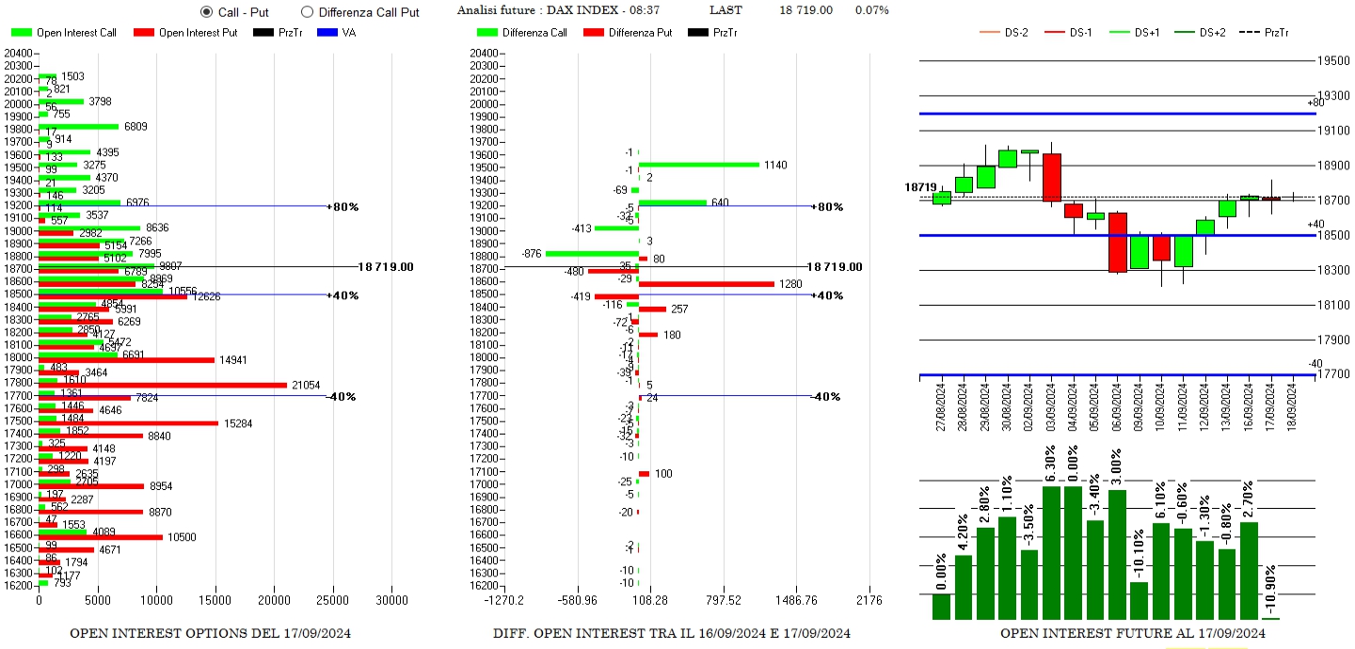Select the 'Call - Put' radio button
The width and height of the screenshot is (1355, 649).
pyautogui.click(x=207, y=12)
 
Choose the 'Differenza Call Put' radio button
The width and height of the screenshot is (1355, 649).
pyautogui.click(x=307, y=12)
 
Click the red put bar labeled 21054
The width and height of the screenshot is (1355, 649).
pyautogui.click(x=162, y=385)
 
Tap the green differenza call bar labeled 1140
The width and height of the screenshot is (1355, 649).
pyautogui.click(x=698, y=165)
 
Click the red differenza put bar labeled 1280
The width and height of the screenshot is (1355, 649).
pyautogui.click(x=706, y=284)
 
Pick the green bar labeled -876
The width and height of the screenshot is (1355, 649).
pyautogui.click(x=591, y=253)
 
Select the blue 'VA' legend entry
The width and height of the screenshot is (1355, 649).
pyautogui.click(x=349, y=33)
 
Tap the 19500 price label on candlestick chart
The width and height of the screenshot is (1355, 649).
pyautogui.click(x=1334, y=60)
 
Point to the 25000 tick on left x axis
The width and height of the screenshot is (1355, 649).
pyautogui.click(x=333, y=600)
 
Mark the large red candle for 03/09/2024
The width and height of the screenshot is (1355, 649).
pyautogui.click(x=1052, y=177)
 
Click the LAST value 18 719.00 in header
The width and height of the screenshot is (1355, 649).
pyautogui.click(x=805, y=10)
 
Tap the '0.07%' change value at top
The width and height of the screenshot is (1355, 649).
pyautogui.click(x=871, y=10)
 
